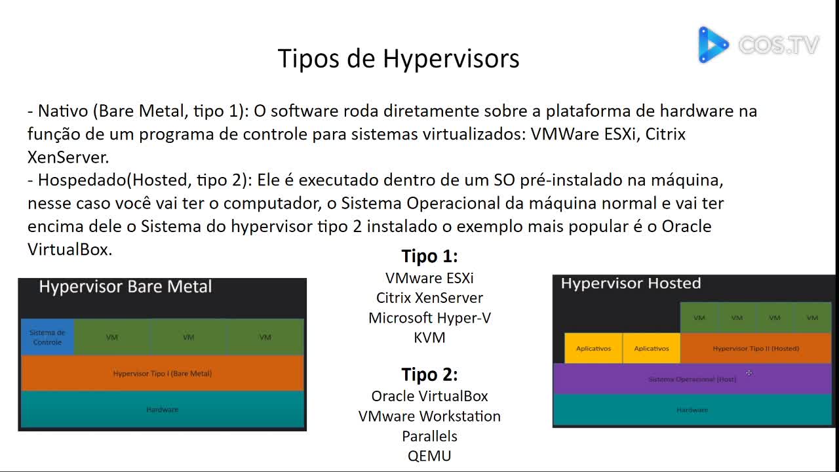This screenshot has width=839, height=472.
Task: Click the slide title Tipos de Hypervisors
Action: click(399, 58)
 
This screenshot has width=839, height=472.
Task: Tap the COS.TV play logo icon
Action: click(712, 45)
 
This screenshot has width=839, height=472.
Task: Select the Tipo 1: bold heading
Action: click(429, 256)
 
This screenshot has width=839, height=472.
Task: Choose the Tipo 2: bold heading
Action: click(429, 375)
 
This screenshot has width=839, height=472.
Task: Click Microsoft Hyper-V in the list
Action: click(429, 318)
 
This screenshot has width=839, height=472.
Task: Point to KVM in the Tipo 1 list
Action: click(429, 338)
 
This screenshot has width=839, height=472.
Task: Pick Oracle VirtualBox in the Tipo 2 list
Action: click(429, 396)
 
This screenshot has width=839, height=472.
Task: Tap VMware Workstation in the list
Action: click(429, 416)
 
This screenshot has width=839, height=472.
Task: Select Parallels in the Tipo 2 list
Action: click(429, 436)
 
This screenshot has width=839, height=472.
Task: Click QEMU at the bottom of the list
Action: click(429, 456)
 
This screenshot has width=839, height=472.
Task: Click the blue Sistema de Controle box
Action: click(47, 337)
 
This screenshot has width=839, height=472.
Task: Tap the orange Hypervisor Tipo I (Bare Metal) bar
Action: click(163, 374)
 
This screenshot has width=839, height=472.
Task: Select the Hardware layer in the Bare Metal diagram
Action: click(163, 410)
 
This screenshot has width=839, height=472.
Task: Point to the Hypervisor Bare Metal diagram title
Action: click(125, 287)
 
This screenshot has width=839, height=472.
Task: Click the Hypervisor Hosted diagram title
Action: click(631, 284)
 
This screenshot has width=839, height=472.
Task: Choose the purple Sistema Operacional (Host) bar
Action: click(692, 380)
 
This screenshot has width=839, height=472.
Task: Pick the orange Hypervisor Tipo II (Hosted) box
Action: click(756, 349)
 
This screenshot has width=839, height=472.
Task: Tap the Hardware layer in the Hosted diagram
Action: click(692, 410)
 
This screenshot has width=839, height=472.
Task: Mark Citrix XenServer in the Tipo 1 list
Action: click(429, 298)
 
